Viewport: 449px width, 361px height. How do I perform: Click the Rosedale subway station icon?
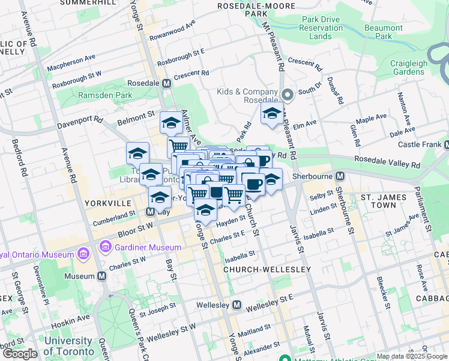(166, 83)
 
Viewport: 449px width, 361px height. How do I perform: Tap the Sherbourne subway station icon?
(340, 176)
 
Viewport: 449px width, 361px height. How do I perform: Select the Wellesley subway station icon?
(237, 304)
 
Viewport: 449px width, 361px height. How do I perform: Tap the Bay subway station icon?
(152, 211)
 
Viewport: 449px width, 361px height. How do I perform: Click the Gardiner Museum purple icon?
(107, 247)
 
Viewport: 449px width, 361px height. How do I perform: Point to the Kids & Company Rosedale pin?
(287, 95)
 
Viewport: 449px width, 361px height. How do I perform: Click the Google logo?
(19, 354)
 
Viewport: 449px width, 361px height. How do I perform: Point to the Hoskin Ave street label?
(70, 318)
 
